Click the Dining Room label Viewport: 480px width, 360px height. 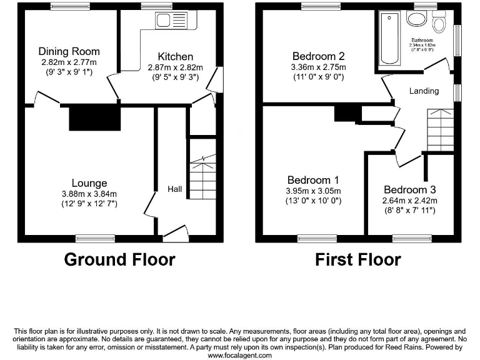coord(69,51)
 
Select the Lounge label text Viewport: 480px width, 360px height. coord(89,183)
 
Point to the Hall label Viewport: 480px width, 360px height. coord(174,188)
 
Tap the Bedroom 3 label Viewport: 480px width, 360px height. coord(410,190)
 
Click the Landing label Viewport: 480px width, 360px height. coord(424,91)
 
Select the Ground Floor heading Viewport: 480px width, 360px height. coord(119,259)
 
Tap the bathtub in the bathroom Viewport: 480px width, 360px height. coord(390,39)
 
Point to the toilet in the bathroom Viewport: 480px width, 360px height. coord(439,24)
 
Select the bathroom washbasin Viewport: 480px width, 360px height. coord(415,18)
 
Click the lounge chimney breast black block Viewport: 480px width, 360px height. coord(94,117)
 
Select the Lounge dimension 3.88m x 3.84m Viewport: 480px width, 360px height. coord(89,194)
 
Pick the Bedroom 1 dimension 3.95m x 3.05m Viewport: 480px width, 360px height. coord(313,191)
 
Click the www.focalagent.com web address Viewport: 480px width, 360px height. coord(240,355)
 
